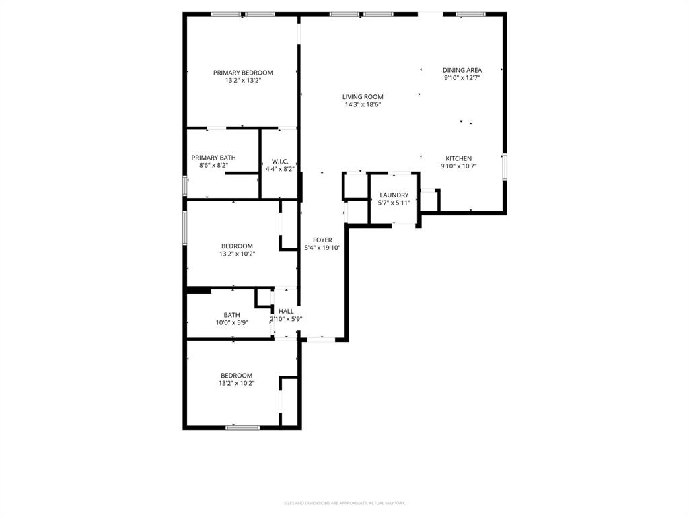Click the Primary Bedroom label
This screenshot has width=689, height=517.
243,73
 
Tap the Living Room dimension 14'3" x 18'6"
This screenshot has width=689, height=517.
363,105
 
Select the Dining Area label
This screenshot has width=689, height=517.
462,70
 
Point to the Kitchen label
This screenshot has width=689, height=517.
458,158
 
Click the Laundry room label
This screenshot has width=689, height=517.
394,195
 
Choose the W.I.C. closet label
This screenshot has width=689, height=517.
280,161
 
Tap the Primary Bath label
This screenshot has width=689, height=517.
213,158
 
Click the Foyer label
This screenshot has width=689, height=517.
322,240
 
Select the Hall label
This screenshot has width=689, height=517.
286,311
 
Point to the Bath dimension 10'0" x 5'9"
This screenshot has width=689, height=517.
231,323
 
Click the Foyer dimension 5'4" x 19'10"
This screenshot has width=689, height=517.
322,248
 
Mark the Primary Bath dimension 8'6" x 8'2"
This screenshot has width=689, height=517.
213,166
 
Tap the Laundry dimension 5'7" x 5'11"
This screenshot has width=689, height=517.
394,203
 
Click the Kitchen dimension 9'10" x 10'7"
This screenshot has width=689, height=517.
458,166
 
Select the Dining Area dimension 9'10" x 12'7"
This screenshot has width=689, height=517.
462,78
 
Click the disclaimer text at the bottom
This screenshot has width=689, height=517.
344,503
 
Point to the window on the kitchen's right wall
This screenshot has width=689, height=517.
505,167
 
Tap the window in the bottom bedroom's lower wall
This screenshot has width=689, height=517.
242,427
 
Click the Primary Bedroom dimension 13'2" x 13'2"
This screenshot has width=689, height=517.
243,81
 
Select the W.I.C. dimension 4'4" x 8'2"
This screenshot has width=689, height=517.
280,169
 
